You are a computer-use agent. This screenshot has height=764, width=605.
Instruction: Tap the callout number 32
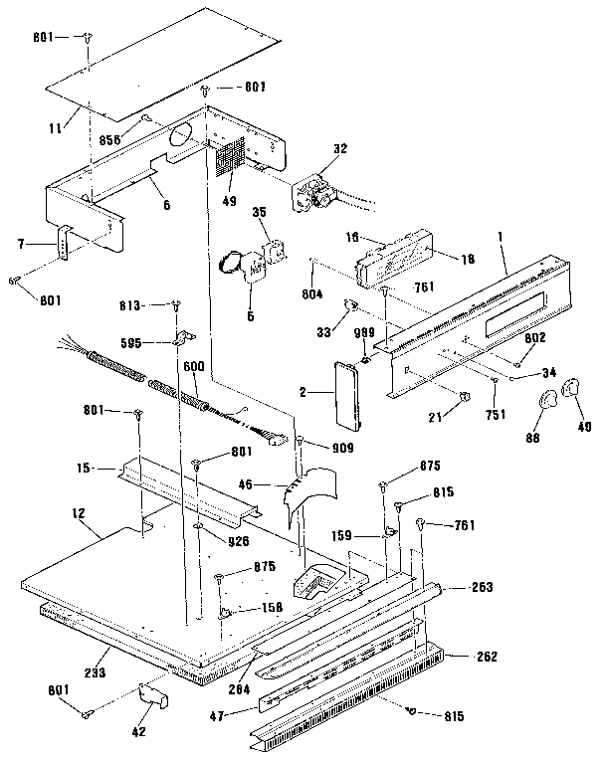[x=340, y=148]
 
